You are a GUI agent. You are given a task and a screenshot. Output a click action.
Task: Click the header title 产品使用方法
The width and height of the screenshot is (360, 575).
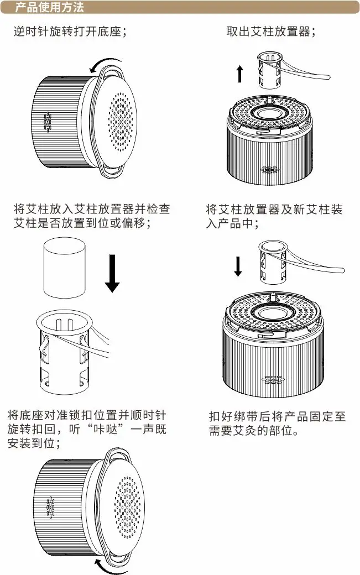[49, 8]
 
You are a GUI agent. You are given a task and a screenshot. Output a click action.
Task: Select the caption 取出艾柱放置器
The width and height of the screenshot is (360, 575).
[271, 32]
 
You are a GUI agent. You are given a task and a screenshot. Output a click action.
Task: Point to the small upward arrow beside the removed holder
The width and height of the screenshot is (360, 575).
[239, 74]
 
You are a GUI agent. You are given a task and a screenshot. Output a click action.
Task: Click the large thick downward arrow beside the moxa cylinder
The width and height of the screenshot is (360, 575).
[112, 273]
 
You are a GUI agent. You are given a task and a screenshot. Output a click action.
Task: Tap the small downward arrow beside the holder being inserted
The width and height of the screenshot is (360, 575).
[238, 266]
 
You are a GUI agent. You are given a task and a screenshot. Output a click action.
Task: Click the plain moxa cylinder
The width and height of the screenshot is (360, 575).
[64, 268]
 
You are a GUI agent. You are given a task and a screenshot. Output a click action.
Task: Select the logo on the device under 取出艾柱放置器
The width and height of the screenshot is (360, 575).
[270, 170]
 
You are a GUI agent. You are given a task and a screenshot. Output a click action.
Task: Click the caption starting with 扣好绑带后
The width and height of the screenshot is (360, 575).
[276, 423]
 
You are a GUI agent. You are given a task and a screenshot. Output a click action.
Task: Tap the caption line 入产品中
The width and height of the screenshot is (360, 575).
[232, 224]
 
